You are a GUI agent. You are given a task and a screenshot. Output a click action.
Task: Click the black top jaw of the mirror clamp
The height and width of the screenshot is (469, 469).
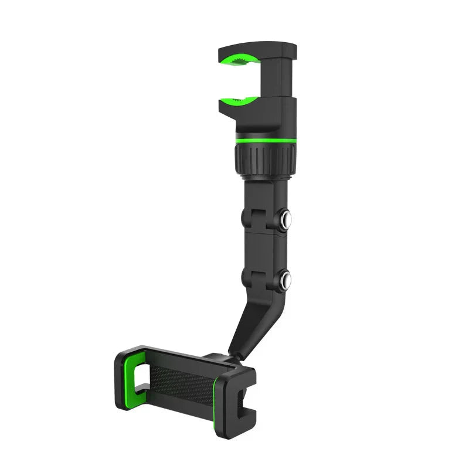(x=258, y=49)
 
